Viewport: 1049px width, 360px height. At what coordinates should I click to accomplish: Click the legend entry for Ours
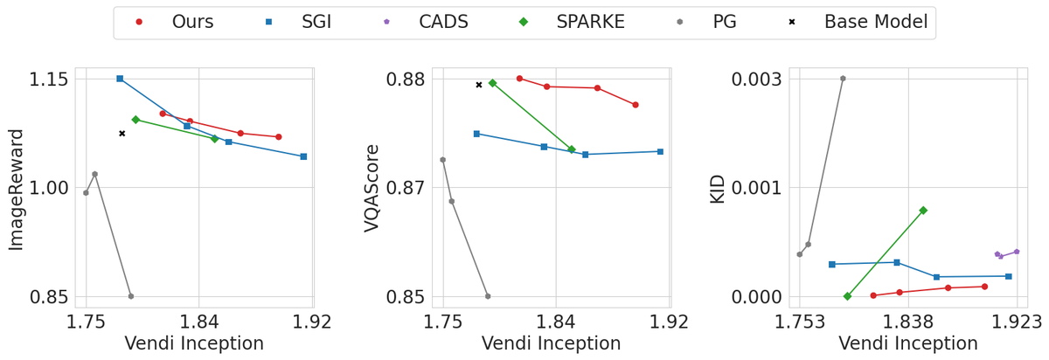point(176,22)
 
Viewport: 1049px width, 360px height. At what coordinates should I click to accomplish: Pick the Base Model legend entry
point(861,22)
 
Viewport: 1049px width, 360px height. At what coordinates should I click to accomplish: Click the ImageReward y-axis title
point(16,189)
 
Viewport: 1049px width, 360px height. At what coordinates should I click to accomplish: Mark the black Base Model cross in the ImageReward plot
point(122,134)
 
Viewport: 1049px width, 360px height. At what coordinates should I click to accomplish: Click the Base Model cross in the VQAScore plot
point(479,85)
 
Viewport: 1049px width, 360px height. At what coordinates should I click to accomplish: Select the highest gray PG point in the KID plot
point(843,79)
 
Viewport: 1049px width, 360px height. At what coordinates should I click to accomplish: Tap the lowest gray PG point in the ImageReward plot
point(131,296)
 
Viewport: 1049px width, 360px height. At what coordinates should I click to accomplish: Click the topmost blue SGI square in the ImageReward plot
point(120,79)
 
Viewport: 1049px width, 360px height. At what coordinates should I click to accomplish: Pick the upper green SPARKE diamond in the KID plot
point(923,211)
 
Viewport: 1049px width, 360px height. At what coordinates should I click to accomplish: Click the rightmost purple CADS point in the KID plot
point(1016,252)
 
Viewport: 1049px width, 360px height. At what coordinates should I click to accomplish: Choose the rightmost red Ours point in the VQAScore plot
point(636,105)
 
